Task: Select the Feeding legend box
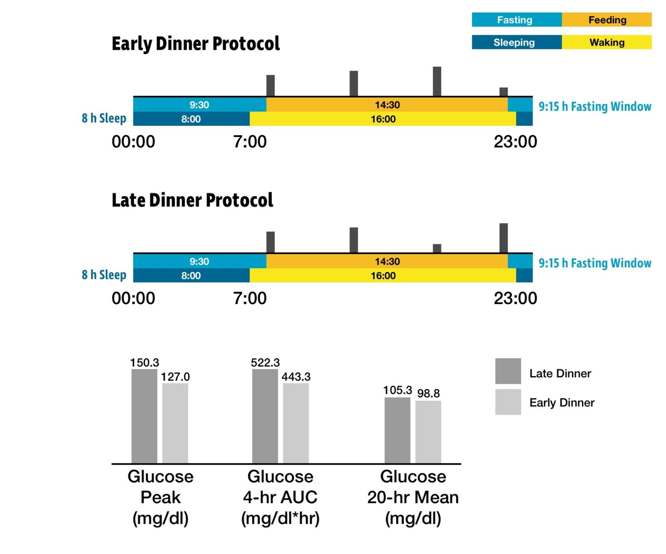(607, 20)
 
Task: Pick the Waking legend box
(607, 42)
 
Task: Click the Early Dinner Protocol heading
(196, 44)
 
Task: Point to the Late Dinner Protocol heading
(192, 200)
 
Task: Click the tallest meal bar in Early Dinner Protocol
(437, 82)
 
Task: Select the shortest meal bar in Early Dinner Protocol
(503, 92)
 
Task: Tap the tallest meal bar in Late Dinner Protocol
(503, 238)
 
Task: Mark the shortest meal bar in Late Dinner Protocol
(437, 248)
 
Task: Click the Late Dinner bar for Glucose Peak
(144, 416)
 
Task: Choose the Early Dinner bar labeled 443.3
(296, 423)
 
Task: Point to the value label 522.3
(265, 363)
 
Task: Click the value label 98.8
(428, 393)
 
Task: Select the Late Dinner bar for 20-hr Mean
(397, 430)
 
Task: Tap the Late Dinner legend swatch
(508, 371)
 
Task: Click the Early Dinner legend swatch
(508, 402)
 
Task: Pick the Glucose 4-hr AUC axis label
(281, 497)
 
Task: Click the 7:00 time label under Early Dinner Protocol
(250, 142)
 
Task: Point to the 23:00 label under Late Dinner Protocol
(515, 298)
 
